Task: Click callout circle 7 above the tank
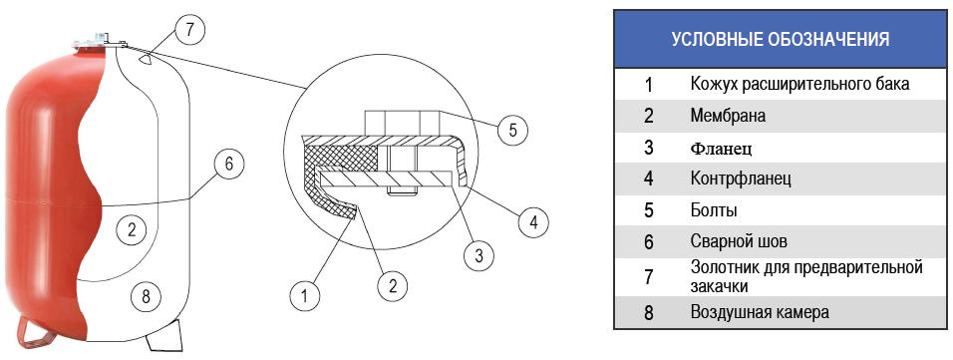click(189, 30)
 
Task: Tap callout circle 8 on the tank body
click(145, 297)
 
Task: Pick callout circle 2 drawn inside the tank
click(133, 230)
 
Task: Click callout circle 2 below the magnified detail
click(392, 286)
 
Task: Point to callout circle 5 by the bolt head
click(512, 130)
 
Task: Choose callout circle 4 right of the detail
click(533, 223)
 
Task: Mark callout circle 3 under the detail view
click(478, 256)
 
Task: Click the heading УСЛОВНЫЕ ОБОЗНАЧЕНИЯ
click(781, 40)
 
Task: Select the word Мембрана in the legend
click(728, 116)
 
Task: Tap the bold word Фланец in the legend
click(721, 148)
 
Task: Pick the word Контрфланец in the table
click(741, 180)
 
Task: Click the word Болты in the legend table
click(714, 211)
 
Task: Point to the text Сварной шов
click(739, 242)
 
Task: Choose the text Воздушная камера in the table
click(760, 313)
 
